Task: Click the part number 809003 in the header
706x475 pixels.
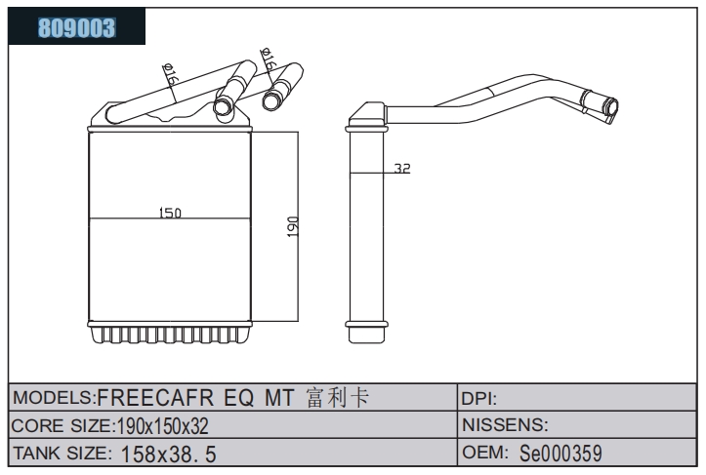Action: tap(76, 27)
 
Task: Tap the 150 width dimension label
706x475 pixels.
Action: tap(170, 213)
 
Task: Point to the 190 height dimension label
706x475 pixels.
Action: tap(293, 227)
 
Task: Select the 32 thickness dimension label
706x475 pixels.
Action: tap(402, 168)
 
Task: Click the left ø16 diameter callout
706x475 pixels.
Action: tap(171, 75)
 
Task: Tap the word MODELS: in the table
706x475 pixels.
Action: tap(54, 398)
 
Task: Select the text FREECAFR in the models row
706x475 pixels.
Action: tap(155, 398)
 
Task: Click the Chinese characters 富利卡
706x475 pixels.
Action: tap(338, 398)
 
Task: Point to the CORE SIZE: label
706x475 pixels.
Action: tap(62, 425)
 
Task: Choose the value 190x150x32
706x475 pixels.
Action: tap(162, 426)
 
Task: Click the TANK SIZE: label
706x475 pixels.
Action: tap(62, 453)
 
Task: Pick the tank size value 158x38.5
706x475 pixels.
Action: tap(168, 454)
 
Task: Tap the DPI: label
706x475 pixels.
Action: tap(479, 399)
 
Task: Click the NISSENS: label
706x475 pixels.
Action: tap(505, 425)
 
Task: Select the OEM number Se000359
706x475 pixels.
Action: tap(561, 453)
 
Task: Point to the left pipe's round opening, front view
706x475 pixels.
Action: tap(222, 107)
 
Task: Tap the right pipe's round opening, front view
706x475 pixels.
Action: tap(270, 99)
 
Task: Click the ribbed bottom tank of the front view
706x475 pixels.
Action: tap(170, 333)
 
